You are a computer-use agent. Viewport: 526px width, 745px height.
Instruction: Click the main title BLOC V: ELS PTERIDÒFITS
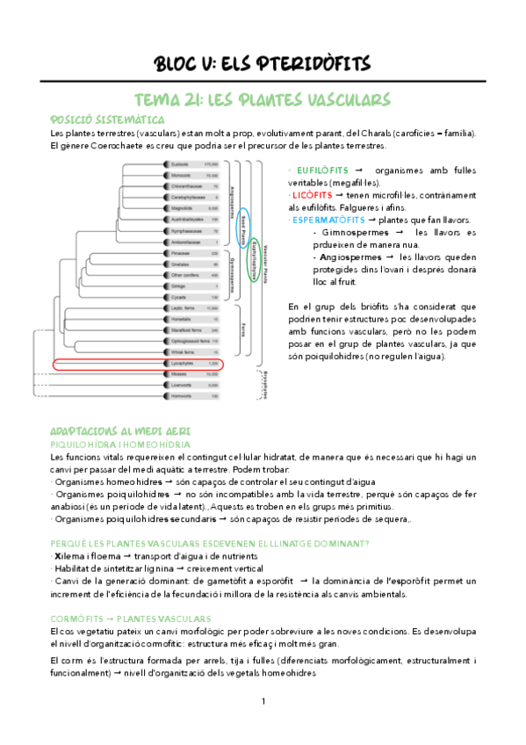click(263, 63)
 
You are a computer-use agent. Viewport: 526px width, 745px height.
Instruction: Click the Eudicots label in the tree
click(180, 164)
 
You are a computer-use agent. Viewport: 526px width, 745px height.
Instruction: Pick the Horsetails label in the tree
click(182, 319)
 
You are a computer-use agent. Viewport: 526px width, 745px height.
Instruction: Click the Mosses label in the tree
click(178, 373)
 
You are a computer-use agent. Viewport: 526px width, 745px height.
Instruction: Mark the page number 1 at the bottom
click(263, 701)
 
